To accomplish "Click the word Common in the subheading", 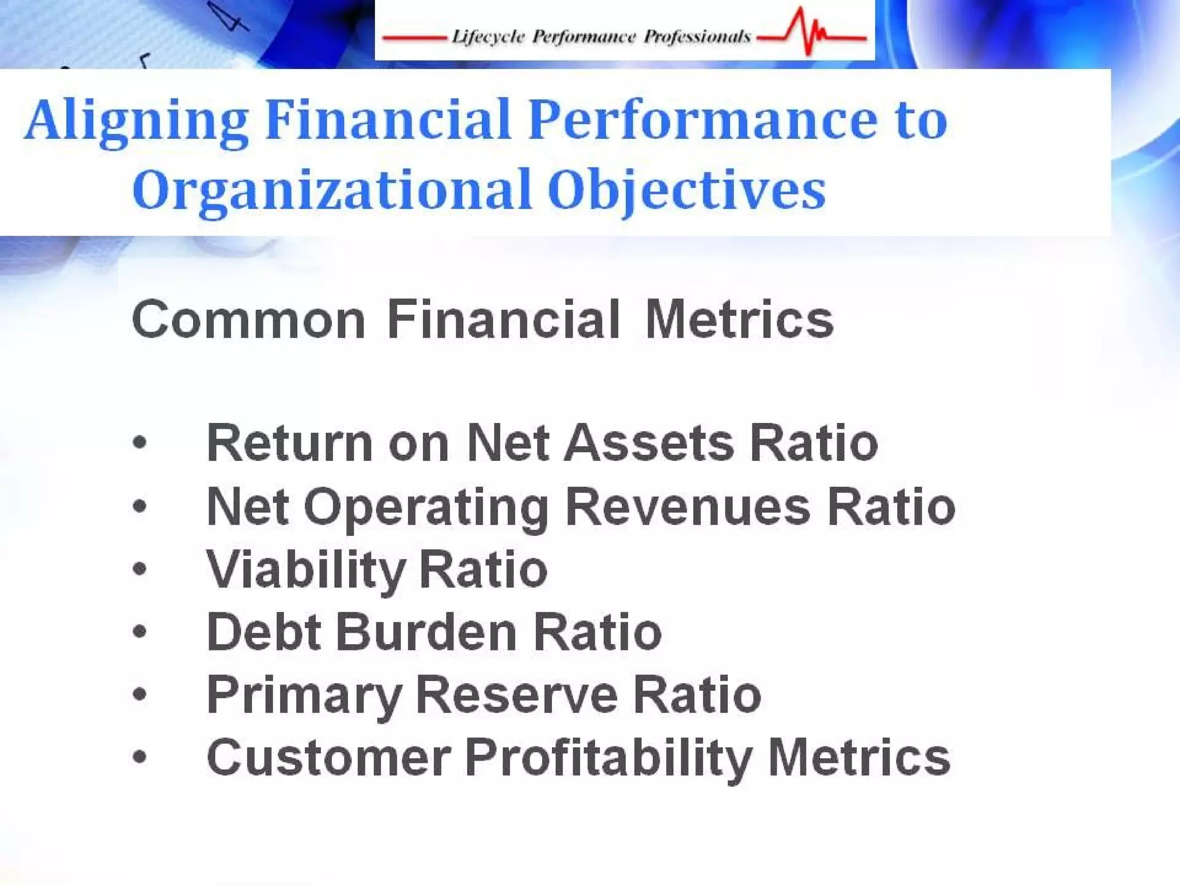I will coord(248,320).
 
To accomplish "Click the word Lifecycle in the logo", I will coord(488,37).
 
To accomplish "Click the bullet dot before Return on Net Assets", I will coord(139,443).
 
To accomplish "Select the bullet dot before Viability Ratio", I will coord(139,569).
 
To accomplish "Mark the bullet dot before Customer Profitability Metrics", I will coord(139,757).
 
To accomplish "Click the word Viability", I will coord(306,569).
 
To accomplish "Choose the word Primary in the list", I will coord(304,695).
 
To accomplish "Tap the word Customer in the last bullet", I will coord(328,757).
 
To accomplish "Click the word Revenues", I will coord(689,506).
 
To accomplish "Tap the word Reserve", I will coord(517,695).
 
